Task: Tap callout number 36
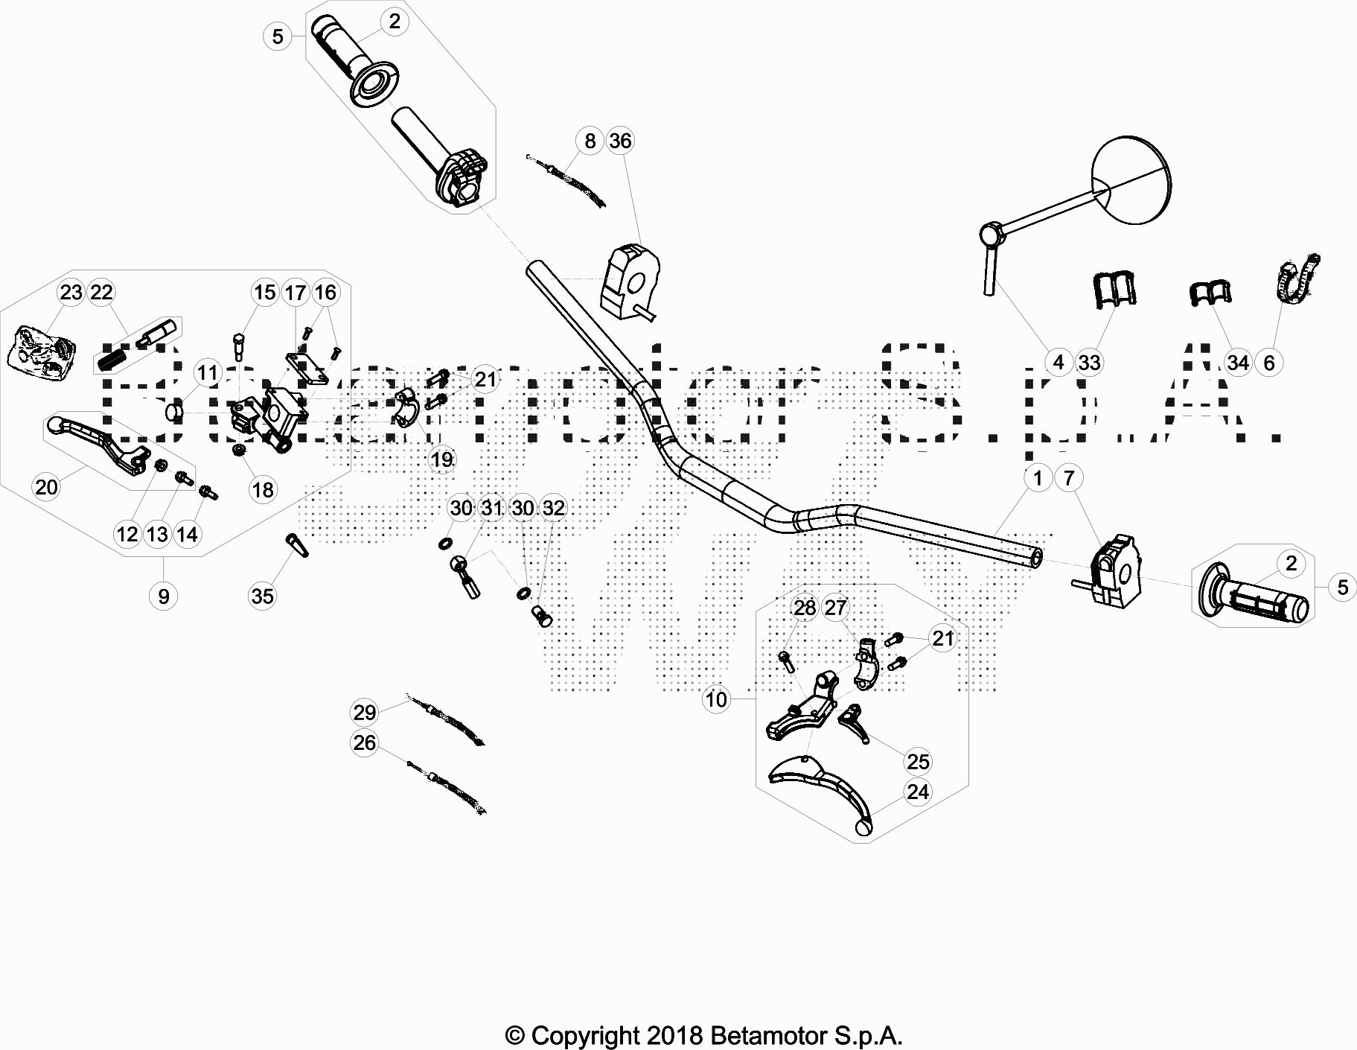[x=620, y=141]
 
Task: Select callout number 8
[x=590, y=141]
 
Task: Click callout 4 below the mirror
[x=1059, y=363]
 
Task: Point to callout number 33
[x=1089, y=363]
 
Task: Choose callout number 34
[x=1237, y=363]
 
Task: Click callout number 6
[x=1269, y=363]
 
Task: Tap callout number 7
[x=1069, y=477]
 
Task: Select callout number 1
[x=1038, y=477]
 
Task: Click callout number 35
[x=263, y=596]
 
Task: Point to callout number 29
[x=364, y=713]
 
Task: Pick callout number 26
[x=364, y=743]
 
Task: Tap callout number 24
[x=918, y=792]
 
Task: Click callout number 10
[x=716, y=699]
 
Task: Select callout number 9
[x=163, y=596]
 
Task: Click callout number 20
[x=46, y=487]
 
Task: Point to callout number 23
[x=71, y=292]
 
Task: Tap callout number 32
[x=553, y=508]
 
